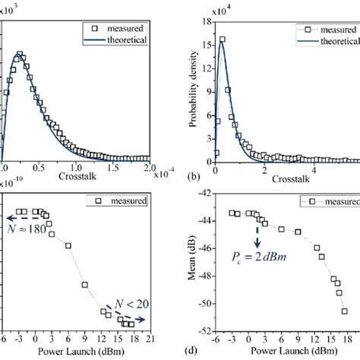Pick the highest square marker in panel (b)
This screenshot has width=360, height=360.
pyautogui.click(x=222, y=39)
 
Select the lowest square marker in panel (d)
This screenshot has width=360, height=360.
pyautogui.click(x=345, y=310)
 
